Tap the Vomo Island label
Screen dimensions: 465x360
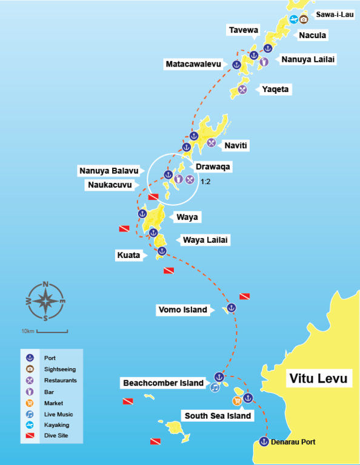(x=182, y=310)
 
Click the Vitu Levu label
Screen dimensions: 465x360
(x=318, y=379)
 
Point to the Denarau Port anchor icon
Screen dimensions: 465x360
(x=264, y=441)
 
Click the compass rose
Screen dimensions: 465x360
(x=46, y=300)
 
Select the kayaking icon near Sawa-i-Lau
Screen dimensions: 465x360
(x=293, y=19)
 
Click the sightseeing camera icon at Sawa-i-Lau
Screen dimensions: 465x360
(x=304, y=19)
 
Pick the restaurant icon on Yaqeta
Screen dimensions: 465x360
(x=242, y=90)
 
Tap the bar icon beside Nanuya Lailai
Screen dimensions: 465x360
(x=264, y=61)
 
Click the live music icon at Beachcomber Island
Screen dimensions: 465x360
(x=215, y=388)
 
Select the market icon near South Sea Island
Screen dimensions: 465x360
(x=237, y=401)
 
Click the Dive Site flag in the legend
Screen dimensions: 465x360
(x=29, y=436)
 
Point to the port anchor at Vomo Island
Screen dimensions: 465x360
(x=232, y=308)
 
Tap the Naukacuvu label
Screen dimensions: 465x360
(x=109, y=185)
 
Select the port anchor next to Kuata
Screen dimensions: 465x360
(x=162, y=251)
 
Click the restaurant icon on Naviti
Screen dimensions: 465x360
(x=211, y=143)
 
